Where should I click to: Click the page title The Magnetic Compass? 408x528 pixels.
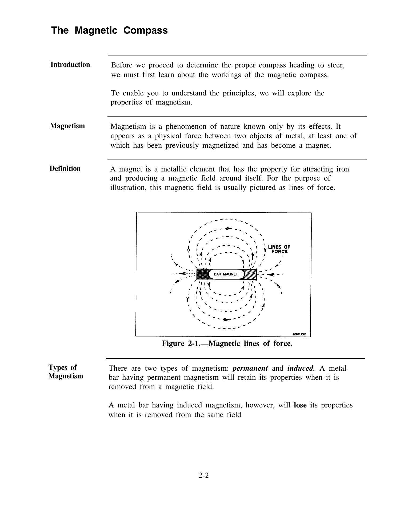coord(109,30)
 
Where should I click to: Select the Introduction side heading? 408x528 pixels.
coord(70,65)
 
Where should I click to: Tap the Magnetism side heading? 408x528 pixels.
coord(67,126)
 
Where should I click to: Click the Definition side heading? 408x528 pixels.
coord(65,169)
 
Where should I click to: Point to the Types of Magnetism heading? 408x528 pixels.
coord(66,372)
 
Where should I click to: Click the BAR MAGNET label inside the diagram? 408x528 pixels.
coord(226,274)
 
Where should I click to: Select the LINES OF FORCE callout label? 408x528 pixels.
coord(279,249)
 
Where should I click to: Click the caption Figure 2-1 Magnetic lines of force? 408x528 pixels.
coord(227,343)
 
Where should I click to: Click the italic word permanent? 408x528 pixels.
coord(250,369)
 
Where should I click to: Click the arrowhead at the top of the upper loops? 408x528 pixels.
coord(229,229)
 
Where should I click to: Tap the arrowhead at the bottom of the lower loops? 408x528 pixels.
coord(227,319)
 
